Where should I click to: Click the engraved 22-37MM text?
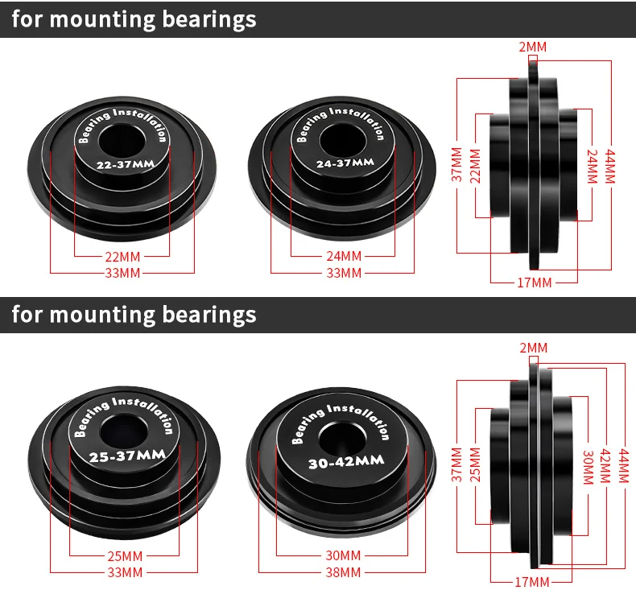click(x=123, y=165)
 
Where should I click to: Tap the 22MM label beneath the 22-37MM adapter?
click(x=123, y=257)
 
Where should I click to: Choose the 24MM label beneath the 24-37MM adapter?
click(x=344, y=257)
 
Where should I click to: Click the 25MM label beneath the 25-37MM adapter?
click(x=125, y=555)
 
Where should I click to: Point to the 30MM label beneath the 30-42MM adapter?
click(x=344, y=555)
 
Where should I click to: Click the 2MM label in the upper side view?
click(x=531, y=47)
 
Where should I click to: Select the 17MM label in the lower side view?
click(x=532, y=581)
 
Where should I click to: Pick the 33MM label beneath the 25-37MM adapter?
click(x=125, y=572)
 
